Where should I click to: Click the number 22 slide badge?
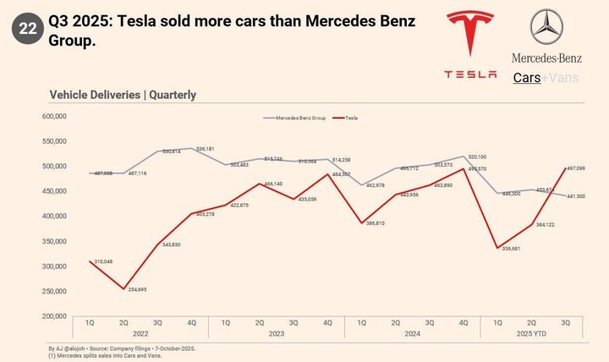pos(27,29)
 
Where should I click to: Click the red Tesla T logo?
pos(471,37)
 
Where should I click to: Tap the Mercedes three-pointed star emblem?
pos(546,27)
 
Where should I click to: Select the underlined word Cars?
pos(527,77)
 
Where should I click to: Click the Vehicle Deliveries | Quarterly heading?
pos(123,95)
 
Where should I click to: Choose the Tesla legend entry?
pos(347,118)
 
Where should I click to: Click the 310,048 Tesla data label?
pos(104,262)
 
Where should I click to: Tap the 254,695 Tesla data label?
pos(136,290)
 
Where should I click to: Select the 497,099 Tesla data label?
pos(574,168)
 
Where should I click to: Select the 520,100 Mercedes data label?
pos(476,156)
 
